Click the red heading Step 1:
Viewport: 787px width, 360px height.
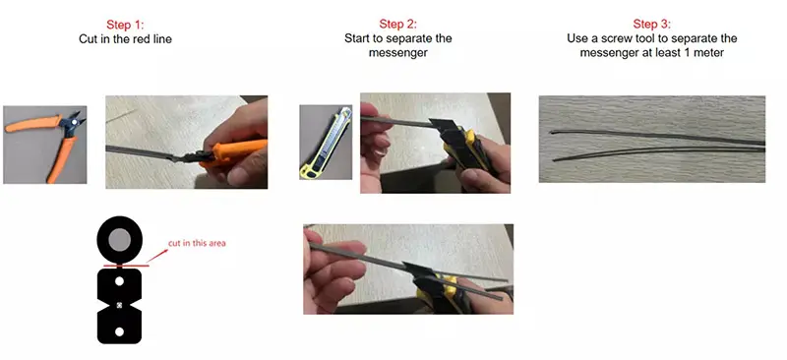tap(125, 25)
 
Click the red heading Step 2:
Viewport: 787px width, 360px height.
tap(398, 24)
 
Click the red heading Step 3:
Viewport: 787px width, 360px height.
tap(651, 24)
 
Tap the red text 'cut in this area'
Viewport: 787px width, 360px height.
tap(197, 243)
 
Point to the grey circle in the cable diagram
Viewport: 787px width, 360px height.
tap(119, 239)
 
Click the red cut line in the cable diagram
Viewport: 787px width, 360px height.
tap(126, 266)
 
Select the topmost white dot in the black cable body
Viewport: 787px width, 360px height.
tap(119, 281)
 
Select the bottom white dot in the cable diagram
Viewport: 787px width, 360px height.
tap(119, 331)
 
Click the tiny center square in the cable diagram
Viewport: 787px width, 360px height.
tap(119, 305)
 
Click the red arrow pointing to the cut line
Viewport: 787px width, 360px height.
tap(157, 256)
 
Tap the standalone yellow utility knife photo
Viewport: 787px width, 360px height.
tap(326, 142)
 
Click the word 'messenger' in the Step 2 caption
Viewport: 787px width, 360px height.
tap(398, 52)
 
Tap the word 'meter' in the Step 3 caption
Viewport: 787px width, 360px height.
tap(709, 52)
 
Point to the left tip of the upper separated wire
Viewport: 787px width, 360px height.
tap(551, 133)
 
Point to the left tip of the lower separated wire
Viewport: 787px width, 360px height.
tap(554, 159)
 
